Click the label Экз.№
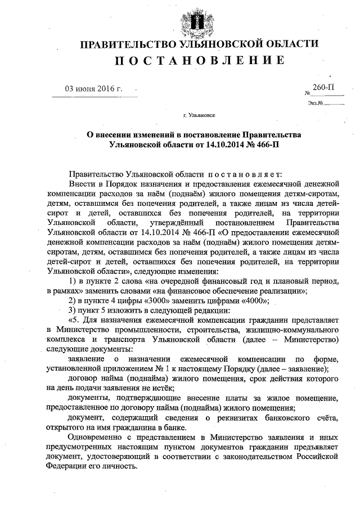(314, 102)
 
